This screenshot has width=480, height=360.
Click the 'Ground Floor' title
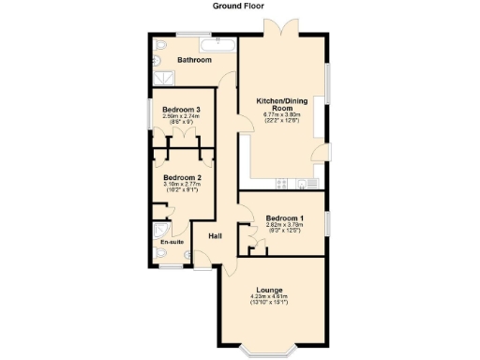pos(239,6)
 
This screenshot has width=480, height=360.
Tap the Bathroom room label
pos(195,60)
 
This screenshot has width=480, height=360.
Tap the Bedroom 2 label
pos(182,177)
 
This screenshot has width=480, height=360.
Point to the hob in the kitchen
pos(279,181)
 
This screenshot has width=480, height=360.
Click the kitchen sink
pos(306,181)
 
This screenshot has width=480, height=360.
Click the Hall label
pos(215,236)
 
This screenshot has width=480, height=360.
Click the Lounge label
pos(269,291)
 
